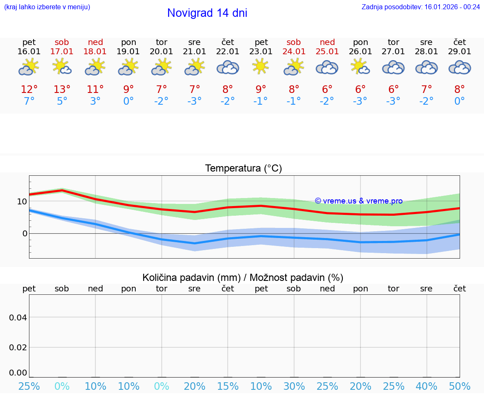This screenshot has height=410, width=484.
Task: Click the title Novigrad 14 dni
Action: point(207,13)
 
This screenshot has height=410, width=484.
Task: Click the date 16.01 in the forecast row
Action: point(29,52)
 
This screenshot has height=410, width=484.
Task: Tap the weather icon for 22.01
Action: point(228,67)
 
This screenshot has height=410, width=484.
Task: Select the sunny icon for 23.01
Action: point(261,66)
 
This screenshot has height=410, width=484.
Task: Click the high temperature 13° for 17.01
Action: point(62,89)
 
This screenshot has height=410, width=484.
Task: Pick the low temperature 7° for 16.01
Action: point(29,101)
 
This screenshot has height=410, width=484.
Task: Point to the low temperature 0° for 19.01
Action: point(129,101)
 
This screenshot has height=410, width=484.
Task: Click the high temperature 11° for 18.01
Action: point(95,89)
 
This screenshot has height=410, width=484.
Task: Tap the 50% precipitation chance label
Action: point(460,386)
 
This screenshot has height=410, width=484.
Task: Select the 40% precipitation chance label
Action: point(426,386)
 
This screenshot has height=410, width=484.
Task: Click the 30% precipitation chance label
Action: point(294,386)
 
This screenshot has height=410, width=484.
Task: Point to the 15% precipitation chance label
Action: point(228,386)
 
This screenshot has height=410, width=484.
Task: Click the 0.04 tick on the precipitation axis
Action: point(18,317)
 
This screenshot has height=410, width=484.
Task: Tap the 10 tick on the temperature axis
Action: point(22,201)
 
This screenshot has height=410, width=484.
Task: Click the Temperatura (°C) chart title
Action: point(244,169)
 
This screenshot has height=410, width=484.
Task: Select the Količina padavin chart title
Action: point(243,278)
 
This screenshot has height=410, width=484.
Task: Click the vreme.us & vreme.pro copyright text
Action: point(359,201)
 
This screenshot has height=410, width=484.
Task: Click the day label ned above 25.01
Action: point(327,42)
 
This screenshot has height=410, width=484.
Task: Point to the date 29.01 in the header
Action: point(460,52)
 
